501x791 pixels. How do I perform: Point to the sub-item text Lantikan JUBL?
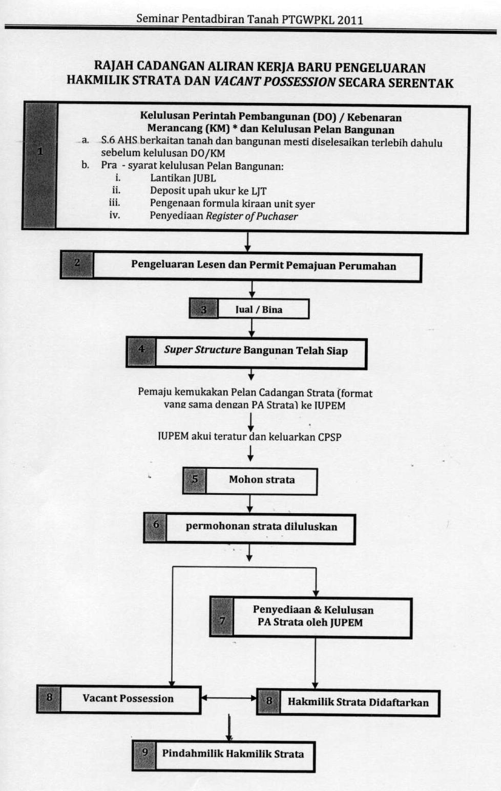pos(183,178)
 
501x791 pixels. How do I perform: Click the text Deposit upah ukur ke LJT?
pos(208,191)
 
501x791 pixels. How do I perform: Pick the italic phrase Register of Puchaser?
pos(252,216)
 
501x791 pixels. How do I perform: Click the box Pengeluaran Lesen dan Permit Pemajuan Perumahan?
pos(263,266)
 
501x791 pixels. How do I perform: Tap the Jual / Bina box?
pos(259,310)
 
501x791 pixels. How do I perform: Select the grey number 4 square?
pos(141,350)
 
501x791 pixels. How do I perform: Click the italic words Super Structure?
pos(202,350)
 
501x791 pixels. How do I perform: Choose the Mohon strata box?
pos(261,480)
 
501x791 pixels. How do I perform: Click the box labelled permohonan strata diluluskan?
pos(261,526)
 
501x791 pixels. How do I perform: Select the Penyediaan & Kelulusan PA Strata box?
pos(312,617)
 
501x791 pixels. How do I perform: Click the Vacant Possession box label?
pos(128,699)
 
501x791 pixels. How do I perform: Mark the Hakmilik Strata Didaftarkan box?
pos(358,702)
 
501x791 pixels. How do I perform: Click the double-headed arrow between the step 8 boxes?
pos(228,698)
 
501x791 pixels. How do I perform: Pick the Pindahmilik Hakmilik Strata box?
pos(233,754)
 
